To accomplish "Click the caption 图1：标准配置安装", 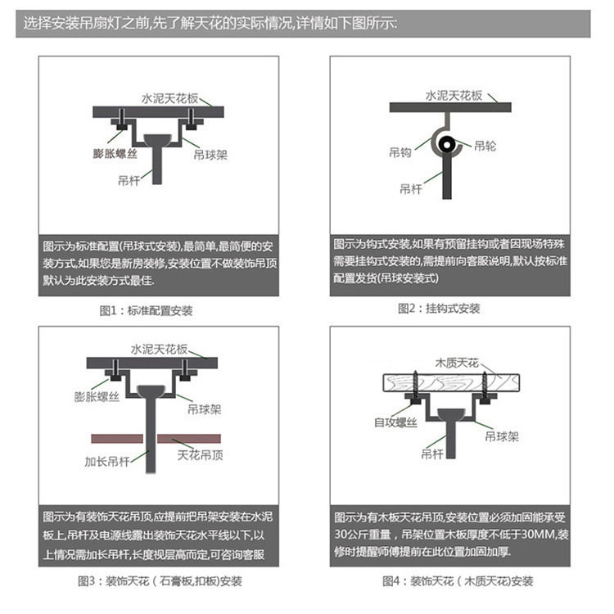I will (146, 311).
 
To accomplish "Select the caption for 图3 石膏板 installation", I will (160, 581).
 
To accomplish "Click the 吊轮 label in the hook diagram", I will (485, 147).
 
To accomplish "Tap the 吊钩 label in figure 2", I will (400, 151).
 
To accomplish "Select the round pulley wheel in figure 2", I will (447, 146).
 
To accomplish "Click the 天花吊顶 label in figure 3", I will (200, 455).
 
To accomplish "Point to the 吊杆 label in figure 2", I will (411, 188).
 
